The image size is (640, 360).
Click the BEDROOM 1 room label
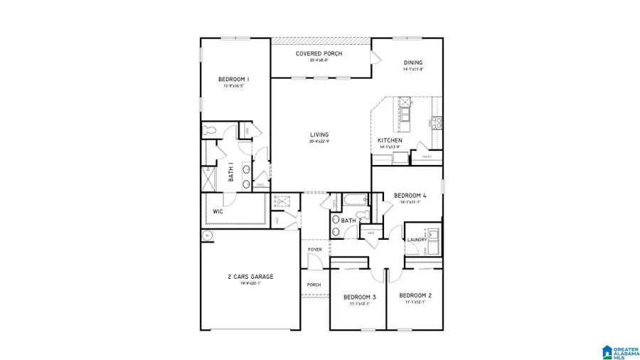click(233, 79)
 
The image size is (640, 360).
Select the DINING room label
click(413, 63)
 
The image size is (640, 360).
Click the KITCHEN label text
click(390, 141)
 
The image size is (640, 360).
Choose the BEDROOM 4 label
click(410, 195)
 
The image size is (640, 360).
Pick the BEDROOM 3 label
click(359, 296)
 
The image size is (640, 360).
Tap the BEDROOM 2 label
click(415, 295)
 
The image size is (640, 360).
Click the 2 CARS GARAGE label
click(250, 277)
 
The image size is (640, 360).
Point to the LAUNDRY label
click(417, 240)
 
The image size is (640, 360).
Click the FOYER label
click(314, 250)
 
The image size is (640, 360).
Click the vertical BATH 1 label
click(232, 171)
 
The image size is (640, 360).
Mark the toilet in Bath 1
click(209, 131)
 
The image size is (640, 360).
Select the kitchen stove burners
click(435, 123)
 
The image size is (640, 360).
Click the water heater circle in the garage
click(208, 235)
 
